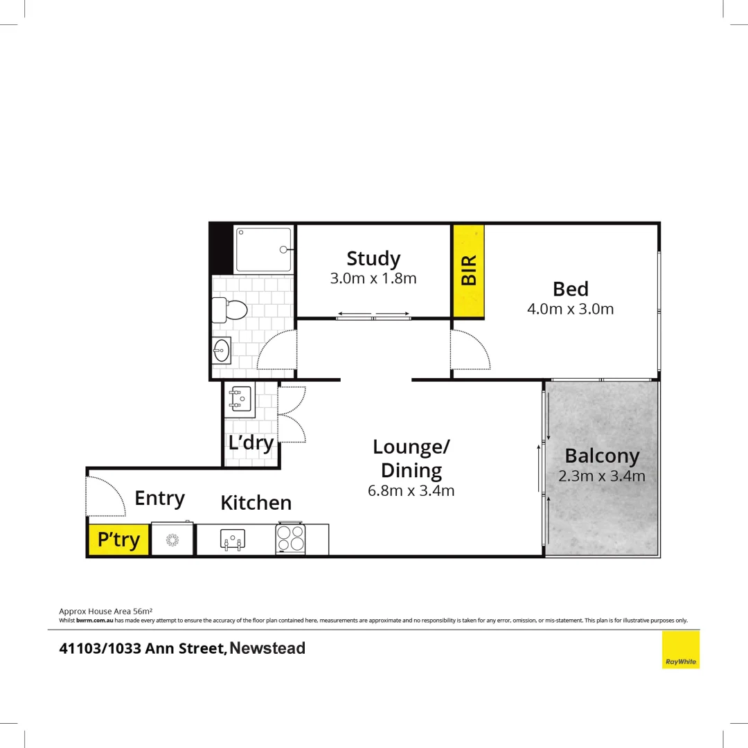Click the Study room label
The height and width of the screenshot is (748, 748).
[x=373, y=258]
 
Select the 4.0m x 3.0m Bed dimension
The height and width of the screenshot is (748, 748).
[x=570, y=309]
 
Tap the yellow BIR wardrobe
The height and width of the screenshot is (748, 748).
[x=468, y=271]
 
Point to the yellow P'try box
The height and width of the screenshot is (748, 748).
[x=118, y=540]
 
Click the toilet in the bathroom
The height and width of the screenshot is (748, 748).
[x=230, y=309]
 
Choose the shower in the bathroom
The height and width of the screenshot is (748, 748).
[x=263, y=249]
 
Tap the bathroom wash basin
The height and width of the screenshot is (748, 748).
[x=222, y=350]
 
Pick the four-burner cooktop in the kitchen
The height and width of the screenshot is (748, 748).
[x=291, y=539]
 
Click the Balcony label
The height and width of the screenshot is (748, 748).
[x=601, y=456]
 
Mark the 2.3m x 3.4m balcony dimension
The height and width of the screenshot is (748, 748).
[x=601, y=477]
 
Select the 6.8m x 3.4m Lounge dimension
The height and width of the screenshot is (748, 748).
[x=411, y=491]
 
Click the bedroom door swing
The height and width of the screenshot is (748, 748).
[x=469, y=350]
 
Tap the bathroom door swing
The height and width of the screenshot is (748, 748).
[x=278, y=350]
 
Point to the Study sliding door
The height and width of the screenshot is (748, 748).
[x=373, y=317]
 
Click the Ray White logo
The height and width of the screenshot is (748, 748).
[x=680, y=650]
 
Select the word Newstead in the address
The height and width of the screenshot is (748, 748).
[x=267, y=649]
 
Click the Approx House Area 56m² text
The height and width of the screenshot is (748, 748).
[x=106, y=611]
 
